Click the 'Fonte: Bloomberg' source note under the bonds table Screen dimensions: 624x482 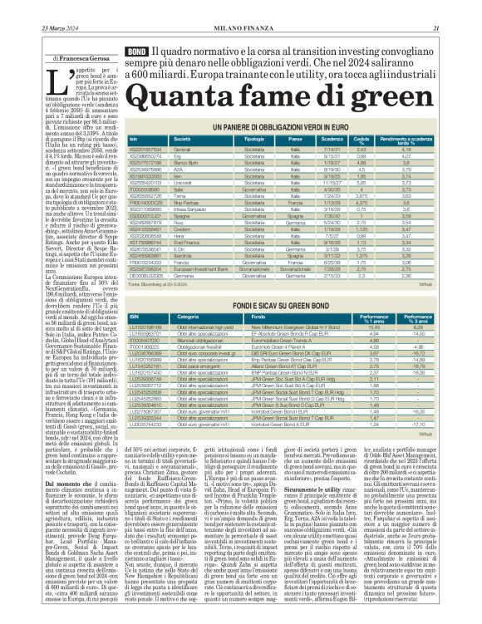click(x=167, y=261)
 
